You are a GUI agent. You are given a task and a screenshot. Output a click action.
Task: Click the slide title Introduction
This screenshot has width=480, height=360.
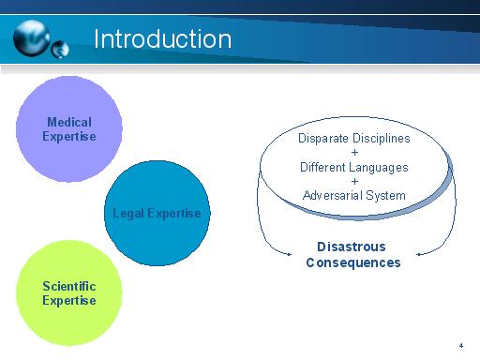162,38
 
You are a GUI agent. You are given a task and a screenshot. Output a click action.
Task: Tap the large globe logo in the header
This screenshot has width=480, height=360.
35,37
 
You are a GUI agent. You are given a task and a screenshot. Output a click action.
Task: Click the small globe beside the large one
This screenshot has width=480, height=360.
62,49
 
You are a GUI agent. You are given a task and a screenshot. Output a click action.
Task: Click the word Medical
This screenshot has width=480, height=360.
69,123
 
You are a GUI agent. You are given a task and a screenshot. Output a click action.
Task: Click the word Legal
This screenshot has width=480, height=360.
127,214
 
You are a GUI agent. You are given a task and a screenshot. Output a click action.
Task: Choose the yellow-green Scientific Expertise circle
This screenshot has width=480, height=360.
69,292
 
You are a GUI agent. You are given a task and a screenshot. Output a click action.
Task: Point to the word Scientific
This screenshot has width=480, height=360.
69,286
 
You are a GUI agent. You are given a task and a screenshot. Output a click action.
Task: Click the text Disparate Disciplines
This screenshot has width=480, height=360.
354,138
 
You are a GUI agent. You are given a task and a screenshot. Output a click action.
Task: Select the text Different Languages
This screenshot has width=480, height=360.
354,167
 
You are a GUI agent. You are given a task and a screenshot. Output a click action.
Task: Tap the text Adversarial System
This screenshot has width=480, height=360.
354,196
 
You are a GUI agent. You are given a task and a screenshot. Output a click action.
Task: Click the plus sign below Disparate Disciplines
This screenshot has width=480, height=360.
354,152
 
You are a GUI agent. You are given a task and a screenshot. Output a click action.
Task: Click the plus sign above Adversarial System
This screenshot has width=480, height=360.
354,182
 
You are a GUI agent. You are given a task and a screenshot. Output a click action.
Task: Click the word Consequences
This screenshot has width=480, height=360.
352,262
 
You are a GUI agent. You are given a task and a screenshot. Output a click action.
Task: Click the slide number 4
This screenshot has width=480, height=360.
461,344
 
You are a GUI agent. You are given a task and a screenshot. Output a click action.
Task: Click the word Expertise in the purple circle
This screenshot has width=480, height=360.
69,137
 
